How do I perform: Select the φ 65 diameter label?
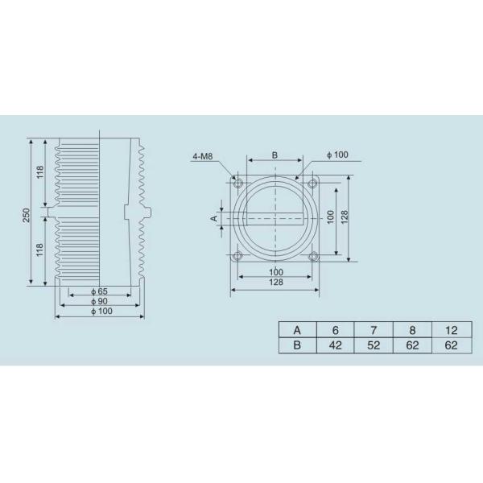(x=99, y=291)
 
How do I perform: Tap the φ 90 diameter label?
(x=99, y=301)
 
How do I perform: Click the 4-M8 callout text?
(x=204, y=155)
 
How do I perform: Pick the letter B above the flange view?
(x=275, y=154)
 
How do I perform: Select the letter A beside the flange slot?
(x=214, y=217)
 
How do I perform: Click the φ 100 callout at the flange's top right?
(x=337, y=155)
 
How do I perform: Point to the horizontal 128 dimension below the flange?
(x=275, y=283)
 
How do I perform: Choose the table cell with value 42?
(x=335, y=345)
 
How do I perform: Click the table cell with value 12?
(x=450, y=329)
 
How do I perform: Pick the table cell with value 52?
(x=374, y=345)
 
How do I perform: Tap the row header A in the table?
(x=297, y=329)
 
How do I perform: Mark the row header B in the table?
(x=297, y=345)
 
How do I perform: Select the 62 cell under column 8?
(x=412, y=345)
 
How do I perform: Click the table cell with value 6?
(x=335, y=329)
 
